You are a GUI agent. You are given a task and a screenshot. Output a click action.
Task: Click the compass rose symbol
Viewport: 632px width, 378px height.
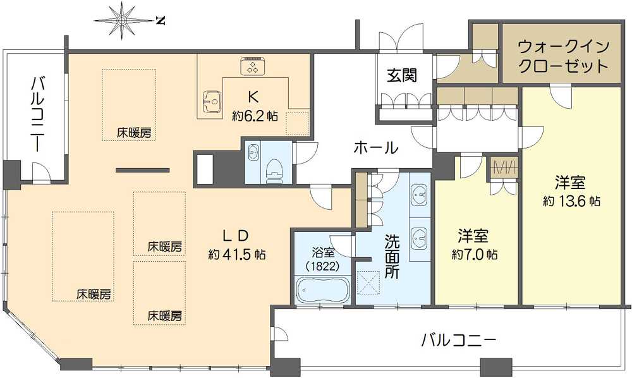123,20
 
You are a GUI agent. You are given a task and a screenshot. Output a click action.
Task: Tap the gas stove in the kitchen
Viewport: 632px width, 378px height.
253,66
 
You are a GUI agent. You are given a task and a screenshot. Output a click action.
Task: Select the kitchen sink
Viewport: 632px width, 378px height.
211,101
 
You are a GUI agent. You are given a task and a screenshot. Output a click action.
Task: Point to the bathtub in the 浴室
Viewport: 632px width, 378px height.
322,290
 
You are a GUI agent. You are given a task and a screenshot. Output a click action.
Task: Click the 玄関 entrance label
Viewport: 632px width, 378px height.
402,75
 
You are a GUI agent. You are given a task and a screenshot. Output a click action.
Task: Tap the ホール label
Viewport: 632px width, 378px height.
375,147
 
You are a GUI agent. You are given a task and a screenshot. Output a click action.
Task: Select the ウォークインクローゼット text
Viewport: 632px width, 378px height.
563,56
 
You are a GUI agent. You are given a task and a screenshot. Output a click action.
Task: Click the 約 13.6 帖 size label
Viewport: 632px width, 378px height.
571,200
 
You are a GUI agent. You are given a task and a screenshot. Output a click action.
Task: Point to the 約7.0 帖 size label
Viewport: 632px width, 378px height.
475,254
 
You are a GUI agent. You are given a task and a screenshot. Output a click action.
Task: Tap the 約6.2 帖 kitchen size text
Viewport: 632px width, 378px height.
255,116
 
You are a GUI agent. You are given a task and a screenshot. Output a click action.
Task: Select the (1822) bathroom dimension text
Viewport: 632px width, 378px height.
322,266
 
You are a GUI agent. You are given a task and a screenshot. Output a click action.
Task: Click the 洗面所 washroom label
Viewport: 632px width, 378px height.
391,257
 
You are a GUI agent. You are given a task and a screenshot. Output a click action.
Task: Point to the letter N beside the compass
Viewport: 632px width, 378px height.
161,20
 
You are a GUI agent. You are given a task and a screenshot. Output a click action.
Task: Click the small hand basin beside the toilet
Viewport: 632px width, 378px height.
253,152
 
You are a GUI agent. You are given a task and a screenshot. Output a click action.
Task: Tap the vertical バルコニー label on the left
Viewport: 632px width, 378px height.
36,115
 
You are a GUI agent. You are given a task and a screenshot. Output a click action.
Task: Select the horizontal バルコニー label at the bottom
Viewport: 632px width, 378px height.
458,341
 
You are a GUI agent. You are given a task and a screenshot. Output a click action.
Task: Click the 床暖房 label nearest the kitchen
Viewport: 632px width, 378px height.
135,133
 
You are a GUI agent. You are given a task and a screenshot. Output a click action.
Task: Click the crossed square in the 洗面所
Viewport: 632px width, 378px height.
369,282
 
